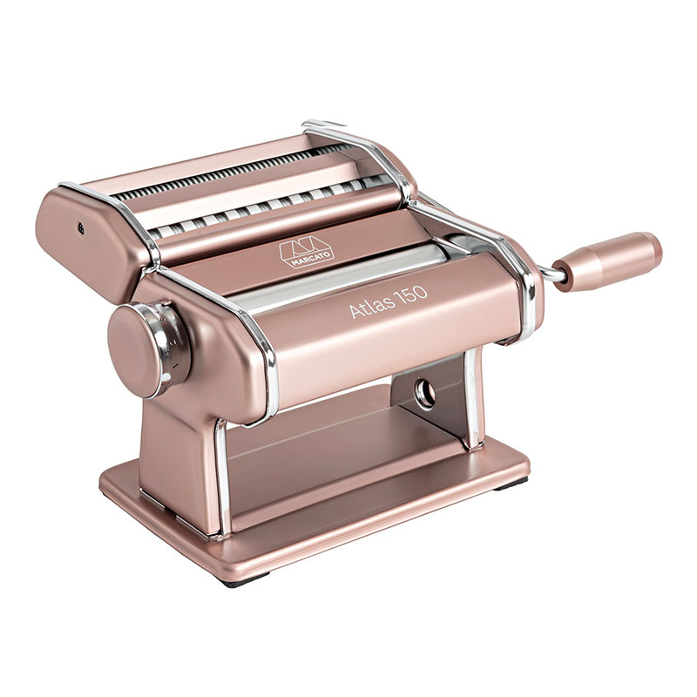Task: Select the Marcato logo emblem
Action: click(307, 253)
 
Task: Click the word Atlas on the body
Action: click(372, 307)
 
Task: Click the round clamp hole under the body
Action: click(425, 393)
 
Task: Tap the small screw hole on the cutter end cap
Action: click(81, 228)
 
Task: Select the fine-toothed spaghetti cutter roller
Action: click(227, 173)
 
